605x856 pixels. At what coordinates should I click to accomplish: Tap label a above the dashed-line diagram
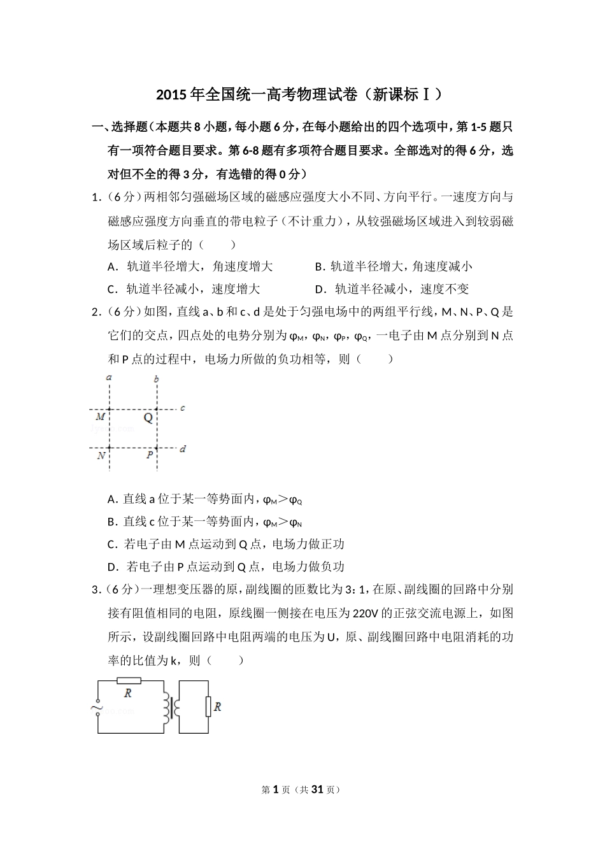coord(110,378)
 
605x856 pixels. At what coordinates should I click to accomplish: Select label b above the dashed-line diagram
coord(157,380)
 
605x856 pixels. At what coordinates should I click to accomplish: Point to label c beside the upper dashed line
coord(183,408)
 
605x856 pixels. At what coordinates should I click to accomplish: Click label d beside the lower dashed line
coord(183,449)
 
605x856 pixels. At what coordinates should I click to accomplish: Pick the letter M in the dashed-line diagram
coord(101,417)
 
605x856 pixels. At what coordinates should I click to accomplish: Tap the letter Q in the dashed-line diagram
coord(148,418)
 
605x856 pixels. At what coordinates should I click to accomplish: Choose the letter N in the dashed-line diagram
coord(101,456)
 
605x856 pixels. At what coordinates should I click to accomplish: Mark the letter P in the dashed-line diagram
coord(150,455)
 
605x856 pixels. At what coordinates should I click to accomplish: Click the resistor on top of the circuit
coord(129,681)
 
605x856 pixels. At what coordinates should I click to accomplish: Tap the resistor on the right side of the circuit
coord(208,707)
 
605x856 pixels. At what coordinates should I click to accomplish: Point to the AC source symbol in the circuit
coord(98,706)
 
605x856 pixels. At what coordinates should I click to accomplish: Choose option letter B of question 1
coord(318,267)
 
